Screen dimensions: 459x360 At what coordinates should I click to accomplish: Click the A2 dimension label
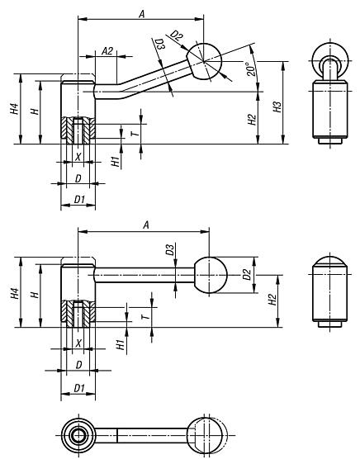(107, 51)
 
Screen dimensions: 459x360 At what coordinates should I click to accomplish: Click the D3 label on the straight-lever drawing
(168, 249)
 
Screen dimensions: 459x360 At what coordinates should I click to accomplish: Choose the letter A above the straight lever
(145, 225)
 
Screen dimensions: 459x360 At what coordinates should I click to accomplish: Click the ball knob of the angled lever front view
(204, 61)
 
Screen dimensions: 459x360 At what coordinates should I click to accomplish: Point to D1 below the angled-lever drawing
(78, 198)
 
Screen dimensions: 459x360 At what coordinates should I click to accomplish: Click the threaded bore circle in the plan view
(78, 436)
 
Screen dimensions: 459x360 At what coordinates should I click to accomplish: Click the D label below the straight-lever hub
(78, 363)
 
